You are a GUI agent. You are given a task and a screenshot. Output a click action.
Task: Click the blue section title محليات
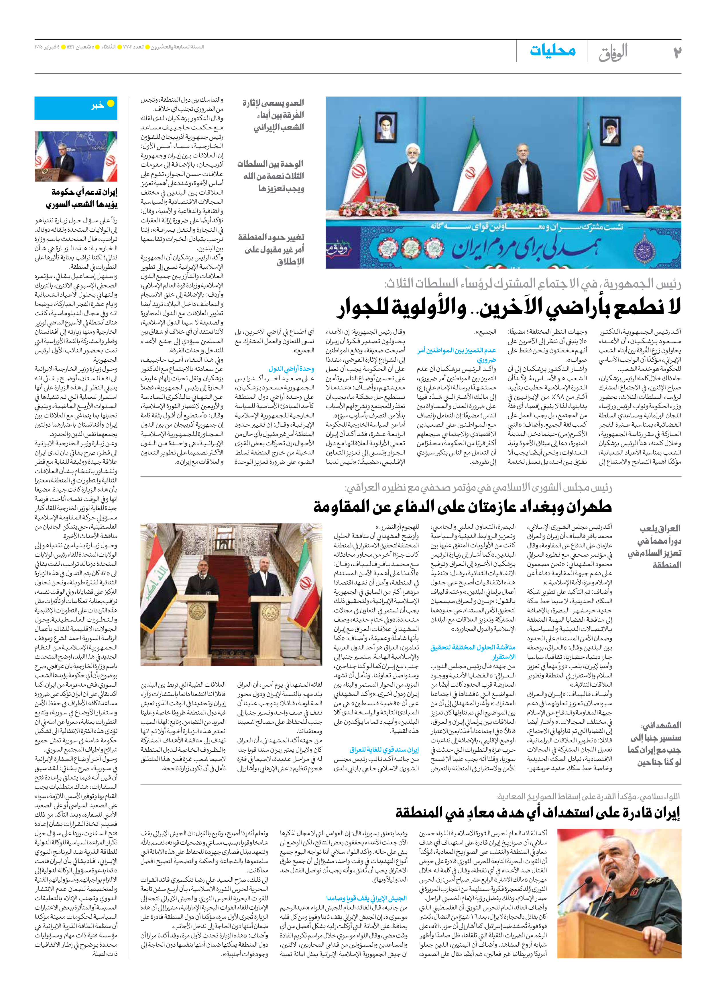click(553, 51)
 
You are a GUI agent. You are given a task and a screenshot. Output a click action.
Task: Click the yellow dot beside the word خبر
click(111, 104)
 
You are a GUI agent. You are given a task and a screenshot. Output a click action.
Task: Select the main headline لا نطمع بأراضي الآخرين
click(508, 308)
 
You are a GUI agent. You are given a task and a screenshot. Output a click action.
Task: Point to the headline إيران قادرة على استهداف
click(538, 813)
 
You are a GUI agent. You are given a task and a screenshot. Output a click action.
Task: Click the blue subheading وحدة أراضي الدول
click(291, 369)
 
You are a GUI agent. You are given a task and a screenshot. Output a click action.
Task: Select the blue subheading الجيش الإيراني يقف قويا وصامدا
click(366, 886)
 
